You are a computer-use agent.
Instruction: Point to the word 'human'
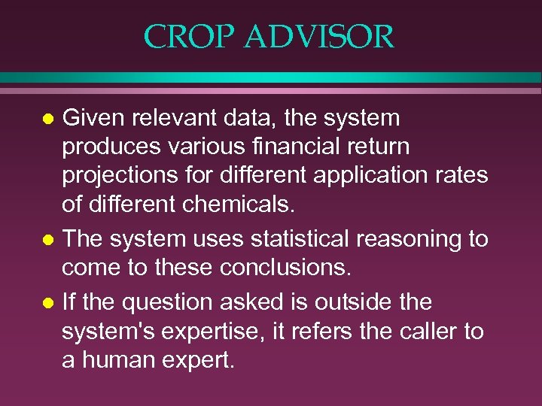tap(117, 360)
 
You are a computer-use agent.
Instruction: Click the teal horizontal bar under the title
tap(271, 77)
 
